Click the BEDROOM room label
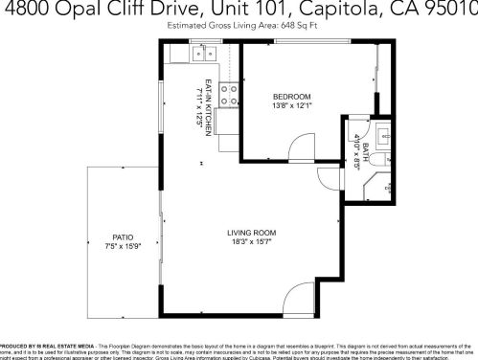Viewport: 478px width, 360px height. point(291,97)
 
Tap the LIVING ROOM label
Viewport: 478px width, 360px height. point(251,233)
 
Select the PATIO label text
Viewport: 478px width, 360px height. point(122,236)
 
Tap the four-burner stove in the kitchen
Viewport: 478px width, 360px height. point(229,94)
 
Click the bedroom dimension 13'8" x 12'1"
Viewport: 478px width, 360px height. point(291,105)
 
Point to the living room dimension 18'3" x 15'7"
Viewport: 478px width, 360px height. point(251,242)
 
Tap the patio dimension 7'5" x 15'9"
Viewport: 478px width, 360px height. point(122,246)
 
